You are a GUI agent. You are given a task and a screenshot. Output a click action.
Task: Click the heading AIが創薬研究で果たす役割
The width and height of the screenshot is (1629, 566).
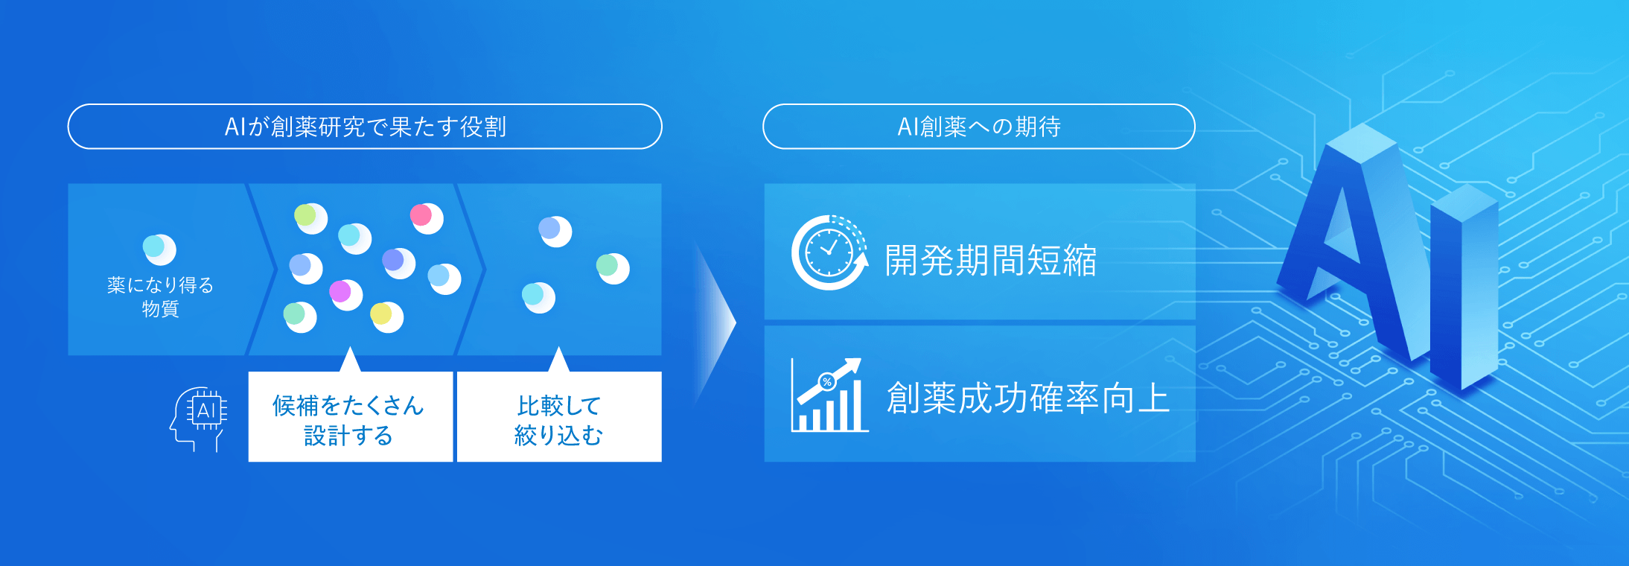365,127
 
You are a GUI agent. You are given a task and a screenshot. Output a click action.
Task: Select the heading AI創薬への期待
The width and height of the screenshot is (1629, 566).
978,127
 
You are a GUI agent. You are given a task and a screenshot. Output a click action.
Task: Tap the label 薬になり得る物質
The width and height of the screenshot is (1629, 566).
160,296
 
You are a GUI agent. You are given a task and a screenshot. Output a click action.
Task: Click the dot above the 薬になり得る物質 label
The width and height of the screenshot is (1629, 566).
159,249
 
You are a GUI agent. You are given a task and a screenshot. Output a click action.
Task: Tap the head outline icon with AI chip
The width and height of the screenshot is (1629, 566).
199,418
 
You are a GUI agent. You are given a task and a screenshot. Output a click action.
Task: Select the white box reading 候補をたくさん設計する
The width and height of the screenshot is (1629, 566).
350,418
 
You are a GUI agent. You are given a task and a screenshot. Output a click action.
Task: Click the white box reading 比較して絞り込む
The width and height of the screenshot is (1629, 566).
558,418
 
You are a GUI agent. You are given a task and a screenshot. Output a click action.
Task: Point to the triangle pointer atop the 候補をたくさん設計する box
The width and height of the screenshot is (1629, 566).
349,360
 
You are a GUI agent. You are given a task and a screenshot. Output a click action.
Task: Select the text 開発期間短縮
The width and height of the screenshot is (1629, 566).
990,261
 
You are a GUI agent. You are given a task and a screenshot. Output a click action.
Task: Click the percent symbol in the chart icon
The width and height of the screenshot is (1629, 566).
826,382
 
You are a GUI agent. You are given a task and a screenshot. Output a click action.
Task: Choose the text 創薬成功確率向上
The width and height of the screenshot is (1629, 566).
1027,398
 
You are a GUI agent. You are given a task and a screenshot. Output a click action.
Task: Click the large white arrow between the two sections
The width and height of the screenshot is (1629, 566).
715,324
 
